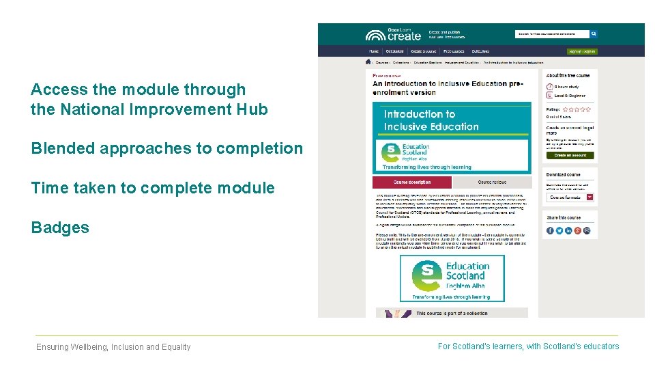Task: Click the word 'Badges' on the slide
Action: (60, 228)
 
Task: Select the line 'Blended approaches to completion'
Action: (166, 148)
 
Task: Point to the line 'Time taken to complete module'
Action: (153, 188)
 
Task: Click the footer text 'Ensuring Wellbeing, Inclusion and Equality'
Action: (113, 347)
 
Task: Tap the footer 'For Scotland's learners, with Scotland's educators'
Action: (528, 346)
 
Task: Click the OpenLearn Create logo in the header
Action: (393, 34)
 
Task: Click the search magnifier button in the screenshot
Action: (594, 33)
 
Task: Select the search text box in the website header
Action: (552, 33)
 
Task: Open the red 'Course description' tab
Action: (411, 182)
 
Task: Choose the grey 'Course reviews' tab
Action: (492, 182)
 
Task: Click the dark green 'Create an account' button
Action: (570, 155)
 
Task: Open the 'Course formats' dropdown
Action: (570, 197)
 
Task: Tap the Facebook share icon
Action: (550, 231)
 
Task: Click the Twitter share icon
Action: (559, 231)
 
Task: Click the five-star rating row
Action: (577, 109)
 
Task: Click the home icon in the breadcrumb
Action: (368, 61)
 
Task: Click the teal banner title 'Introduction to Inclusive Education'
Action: (431, 120)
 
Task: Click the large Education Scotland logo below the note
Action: (452, 278)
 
